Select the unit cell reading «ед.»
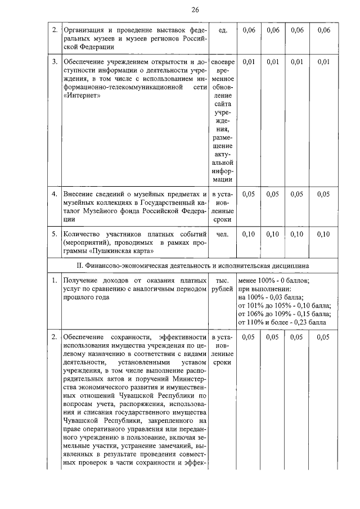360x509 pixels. (223, 30)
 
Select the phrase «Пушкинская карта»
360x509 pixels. (118, 251)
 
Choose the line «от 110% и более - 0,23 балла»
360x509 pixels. (282, 323)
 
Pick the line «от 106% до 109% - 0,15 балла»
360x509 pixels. (285, 314)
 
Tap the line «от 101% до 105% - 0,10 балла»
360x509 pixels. (285, 306)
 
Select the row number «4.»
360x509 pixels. (55, 194)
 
